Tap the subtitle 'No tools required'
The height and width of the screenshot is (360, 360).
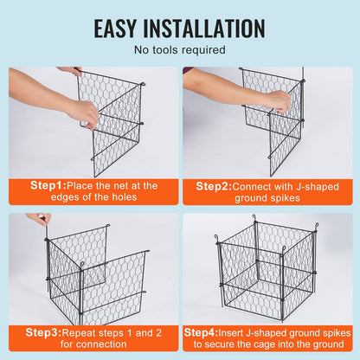click(179, 49)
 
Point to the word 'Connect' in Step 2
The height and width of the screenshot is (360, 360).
click(259, 185)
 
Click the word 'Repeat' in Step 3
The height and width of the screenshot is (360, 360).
click(86, 331)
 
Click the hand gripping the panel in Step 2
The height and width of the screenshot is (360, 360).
click(278, 100)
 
